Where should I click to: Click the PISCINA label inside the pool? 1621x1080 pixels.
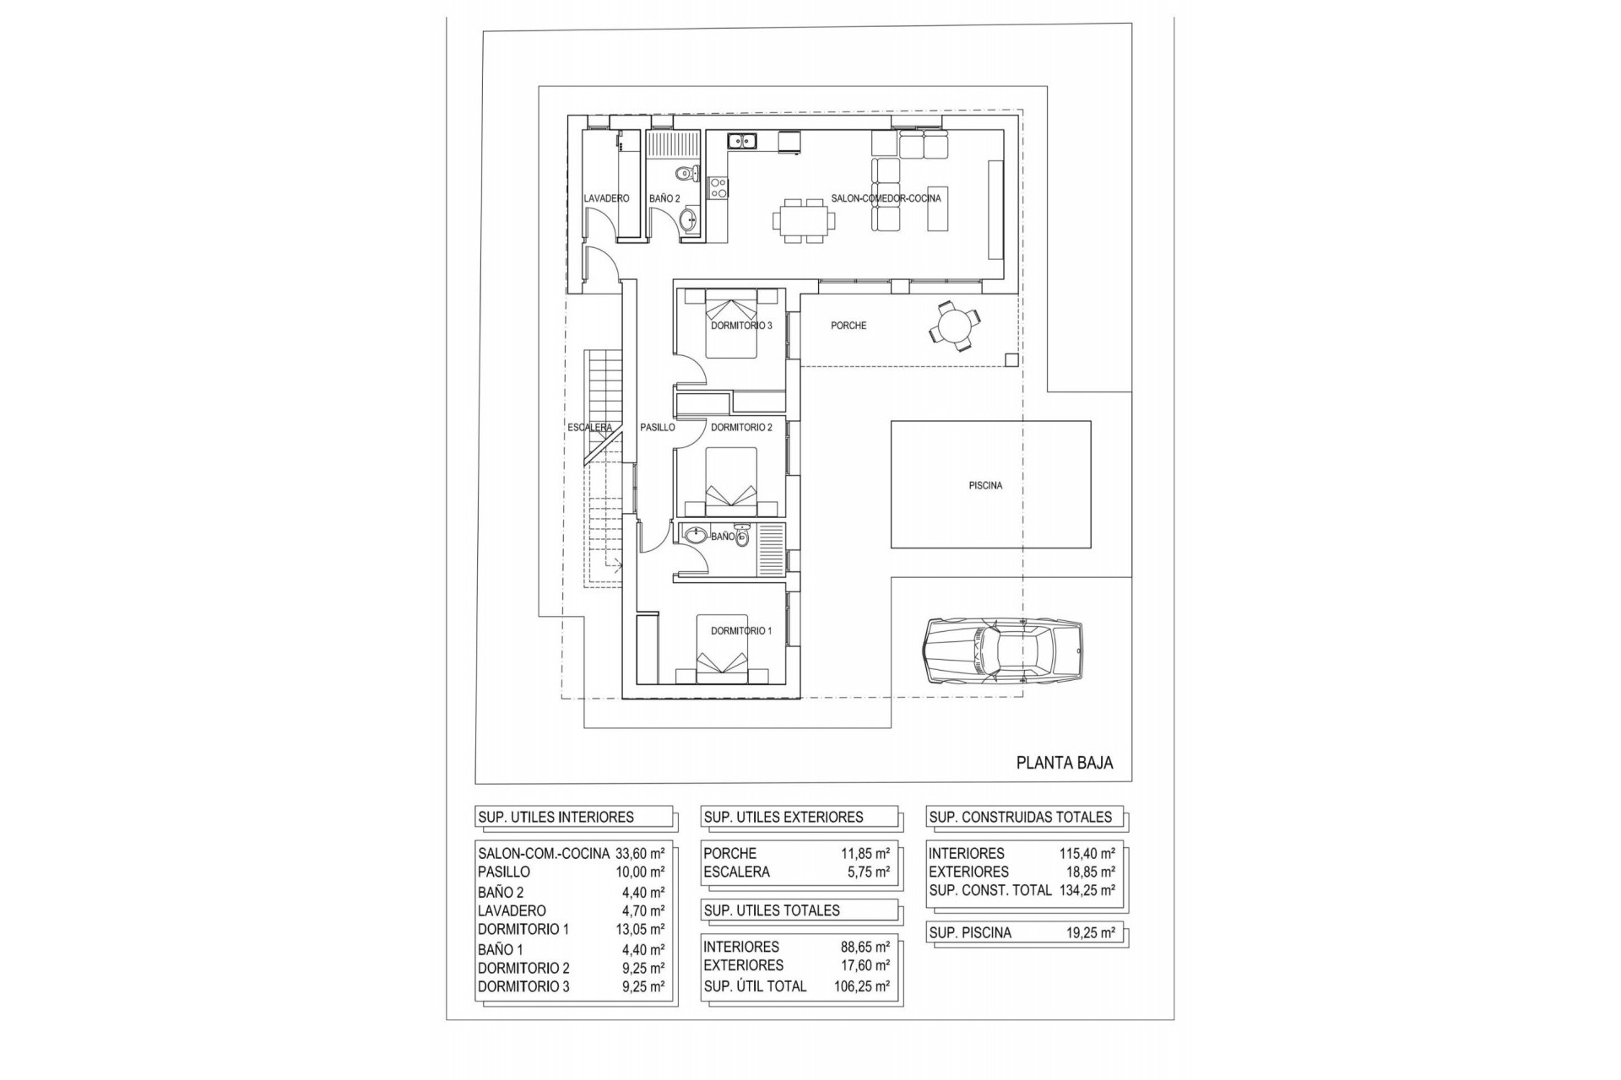point(985,486)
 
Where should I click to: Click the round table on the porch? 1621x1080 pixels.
point(956,325)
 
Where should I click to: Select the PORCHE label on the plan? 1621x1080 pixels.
point(848,326)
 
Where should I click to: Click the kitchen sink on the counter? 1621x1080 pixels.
point(153,142)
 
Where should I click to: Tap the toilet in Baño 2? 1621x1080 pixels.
point(686,175)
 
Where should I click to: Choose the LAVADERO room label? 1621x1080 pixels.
point(606,198)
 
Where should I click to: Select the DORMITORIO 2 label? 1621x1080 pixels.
point(741,428)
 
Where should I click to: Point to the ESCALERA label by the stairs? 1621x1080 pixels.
point(589,428)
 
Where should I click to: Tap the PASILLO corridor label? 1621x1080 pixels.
point(657,428)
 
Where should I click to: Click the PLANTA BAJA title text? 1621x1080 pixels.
point(1064,763)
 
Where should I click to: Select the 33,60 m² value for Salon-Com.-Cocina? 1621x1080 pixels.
point(639,853)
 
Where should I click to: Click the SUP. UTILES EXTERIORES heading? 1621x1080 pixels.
point(783,817)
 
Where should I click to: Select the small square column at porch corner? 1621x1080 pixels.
point(1011,360)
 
